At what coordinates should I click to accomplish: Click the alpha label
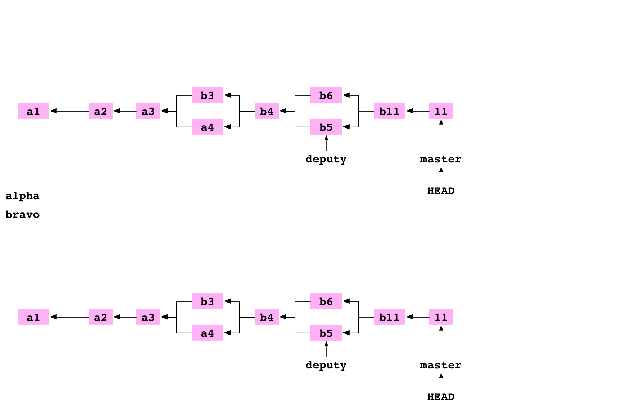(x=25, y=195)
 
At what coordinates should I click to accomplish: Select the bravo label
(x=25, y=214)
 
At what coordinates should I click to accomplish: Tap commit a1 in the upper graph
(x=33, y=111)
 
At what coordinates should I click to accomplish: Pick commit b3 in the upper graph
(x=207, y=95)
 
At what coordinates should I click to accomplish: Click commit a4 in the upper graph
(x=207, y=127)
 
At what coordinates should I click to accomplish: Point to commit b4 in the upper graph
(x=267, y=111)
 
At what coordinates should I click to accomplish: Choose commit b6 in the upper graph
(x=326, y=95)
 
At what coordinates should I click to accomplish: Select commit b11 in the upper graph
(x=389, y=111)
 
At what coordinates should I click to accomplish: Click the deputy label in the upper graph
(x=326, y=158)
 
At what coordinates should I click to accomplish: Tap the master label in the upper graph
(x=441, y=158)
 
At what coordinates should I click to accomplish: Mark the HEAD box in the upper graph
(x=441, y=190)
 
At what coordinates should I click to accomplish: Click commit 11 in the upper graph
(x=441, y=111)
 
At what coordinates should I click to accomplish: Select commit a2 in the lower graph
(x=100, y=317)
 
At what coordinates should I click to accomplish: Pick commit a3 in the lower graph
(x=148, y=317)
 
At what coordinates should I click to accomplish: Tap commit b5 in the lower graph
(x=326, y=333)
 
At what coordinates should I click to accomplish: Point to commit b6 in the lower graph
(x=326, y=301)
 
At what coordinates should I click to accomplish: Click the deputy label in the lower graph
(x=326, y=364)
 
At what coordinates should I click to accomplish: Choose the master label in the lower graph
(x=441, y=364)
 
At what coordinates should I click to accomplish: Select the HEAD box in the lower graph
(x=441, y=396)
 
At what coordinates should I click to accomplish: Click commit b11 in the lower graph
(x=389, y=317)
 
